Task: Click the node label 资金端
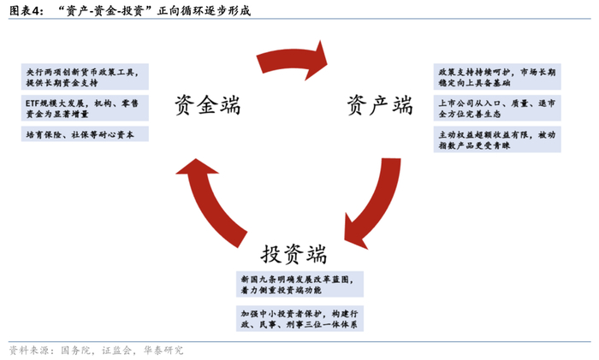(x=207, y=105)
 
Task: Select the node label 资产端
(x=380, y=105)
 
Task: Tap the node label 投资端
(x=294, y=254)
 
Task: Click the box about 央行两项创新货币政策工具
(x=85, y=77)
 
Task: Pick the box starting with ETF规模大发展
(x=85, y=108)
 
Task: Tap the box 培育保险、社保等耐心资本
(x=85, y=134)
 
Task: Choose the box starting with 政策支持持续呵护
(x=497, y=77)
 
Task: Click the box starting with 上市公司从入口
(x=497, y=108)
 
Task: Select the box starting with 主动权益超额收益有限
(x=497, y=139)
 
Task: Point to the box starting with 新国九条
(x=299, y=284)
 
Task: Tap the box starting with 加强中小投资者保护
(x=299, y=318)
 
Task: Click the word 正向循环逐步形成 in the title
(x=204, y=11)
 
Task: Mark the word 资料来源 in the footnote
(x=26, y=350)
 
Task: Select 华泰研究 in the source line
(x=163, y=350)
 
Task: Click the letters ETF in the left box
(x=32, y=103)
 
